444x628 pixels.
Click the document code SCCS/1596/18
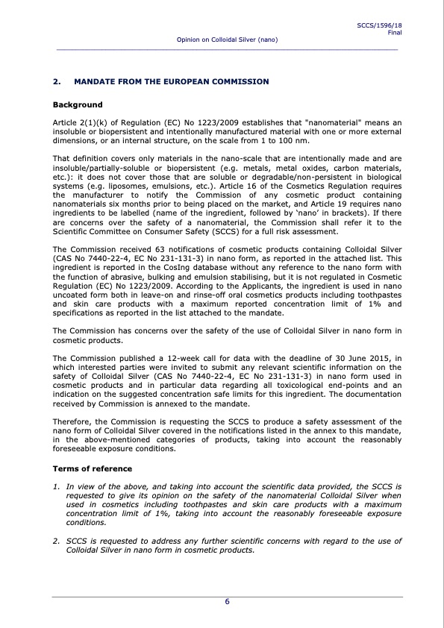coord(380,25)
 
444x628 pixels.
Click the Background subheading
coord(78,105)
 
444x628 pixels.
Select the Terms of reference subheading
coord(92,468)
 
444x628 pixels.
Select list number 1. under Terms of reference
coord(57,486)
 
